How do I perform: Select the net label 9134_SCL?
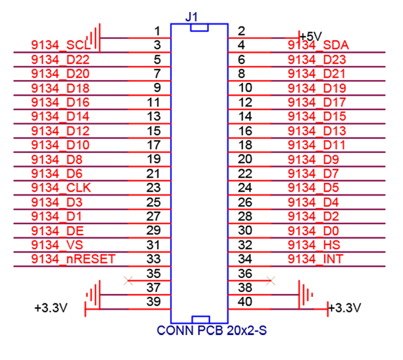coord(61,45)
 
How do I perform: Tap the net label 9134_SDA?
coord(318,45)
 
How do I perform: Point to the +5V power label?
coord(311,35)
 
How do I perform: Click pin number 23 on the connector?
coord(153,187)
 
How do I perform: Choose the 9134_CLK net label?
coord(61,188)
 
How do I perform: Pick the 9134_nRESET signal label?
coord(73,259)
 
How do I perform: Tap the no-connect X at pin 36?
coord(271,281)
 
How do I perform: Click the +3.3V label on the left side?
coord(51,308)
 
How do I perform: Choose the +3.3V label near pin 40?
coord(344,308)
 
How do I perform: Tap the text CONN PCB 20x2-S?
coord(211,331)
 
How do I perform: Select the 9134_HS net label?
coord(313,244)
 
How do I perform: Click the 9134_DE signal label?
coord(60,230)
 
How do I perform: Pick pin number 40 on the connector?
coord(245,301)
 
